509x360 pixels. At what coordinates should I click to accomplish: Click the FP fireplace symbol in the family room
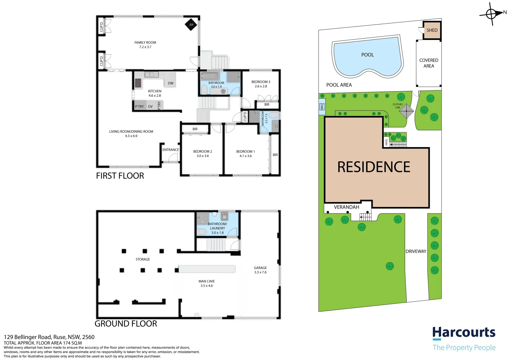(x=191, y=25)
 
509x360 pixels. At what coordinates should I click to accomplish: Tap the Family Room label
(x=145, y=43)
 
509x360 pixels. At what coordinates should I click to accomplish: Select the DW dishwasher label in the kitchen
(x=171, y=83)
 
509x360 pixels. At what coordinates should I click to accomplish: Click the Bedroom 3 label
(x=260, y=82)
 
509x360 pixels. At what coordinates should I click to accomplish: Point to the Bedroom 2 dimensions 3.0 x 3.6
(x=203, y=156)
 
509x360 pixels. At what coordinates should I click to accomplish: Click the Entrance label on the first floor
(x=171, y=150)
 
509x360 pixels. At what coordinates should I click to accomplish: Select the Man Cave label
(x=207, y=281)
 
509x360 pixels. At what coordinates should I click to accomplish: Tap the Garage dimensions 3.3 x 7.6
(x=260, y=272)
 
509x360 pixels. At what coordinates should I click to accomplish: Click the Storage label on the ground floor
(x=143, y=259)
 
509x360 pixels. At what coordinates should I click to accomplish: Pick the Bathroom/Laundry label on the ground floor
(x=218, y=226)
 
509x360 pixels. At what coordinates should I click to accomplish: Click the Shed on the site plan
(x=432, y=30)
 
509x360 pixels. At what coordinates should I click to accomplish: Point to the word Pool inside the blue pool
(x=367, y=55)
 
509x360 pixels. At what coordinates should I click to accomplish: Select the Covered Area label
(x=429, y=63)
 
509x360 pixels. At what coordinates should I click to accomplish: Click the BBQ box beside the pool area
(x=322, y=107)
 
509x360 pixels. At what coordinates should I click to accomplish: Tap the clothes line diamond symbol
(x=406, y=112)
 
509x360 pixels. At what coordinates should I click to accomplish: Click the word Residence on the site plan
(x=374, y=167)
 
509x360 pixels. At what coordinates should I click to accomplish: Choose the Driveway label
(x=416, y=251)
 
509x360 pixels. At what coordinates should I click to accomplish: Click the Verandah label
(x=346, y=207)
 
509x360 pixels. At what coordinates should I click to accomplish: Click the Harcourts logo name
(x=464, y=333)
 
